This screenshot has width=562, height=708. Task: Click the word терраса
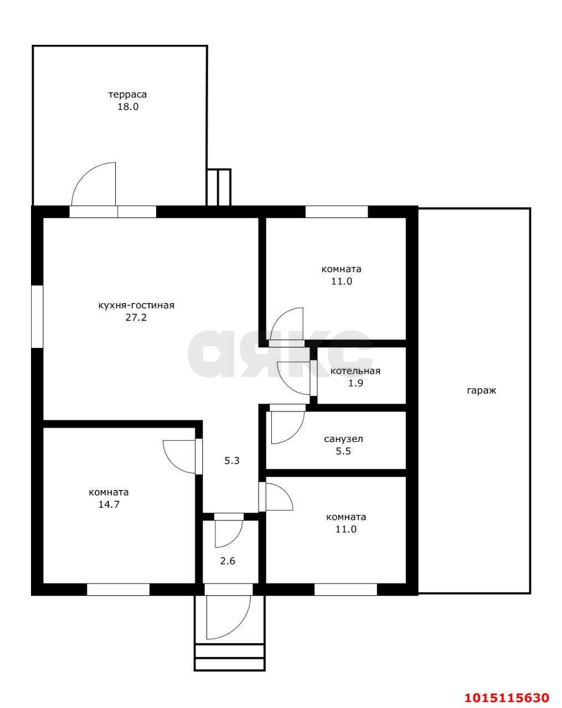pos(128,95)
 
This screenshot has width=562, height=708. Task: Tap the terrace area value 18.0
pos(128,107)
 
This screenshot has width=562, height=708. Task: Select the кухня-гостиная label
pos(136,306)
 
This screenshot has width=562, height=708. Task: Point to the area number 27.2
pos(136,318)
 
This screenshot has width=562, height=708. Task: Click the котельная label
pos(355,371)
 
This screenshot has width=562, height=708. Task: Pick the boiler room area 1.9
pos(356,383)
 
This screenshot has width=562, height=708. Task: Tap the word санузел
pos(344,439)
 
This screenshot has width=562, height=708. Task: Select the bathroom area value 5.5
pos(343,451)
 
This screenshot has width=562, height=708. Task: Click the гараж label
pos(481,391)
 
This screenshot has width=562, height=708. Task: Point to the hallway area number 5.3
pos(232,461)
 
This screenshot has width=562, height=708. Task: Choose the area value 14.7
pos(109,504)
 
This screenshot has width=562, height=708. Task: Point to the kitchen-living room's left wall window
pos(37,316)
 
